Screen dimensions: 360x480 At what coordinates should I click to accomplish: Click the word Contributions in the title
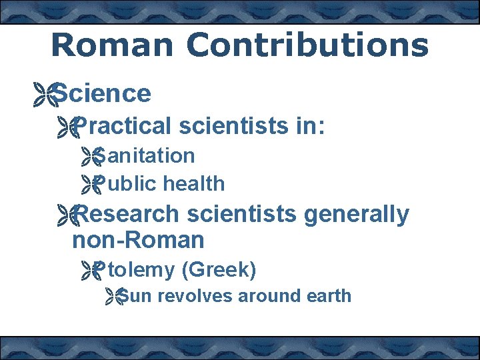(307, 45)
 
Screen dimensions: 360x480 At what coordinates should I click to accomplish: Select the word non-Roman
(138, 239)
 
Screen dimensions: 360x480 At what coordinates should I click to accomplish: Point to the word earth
(328, 296)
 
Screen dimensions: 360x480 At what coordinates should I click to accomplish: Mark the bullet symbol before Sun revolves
(115, 297)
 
